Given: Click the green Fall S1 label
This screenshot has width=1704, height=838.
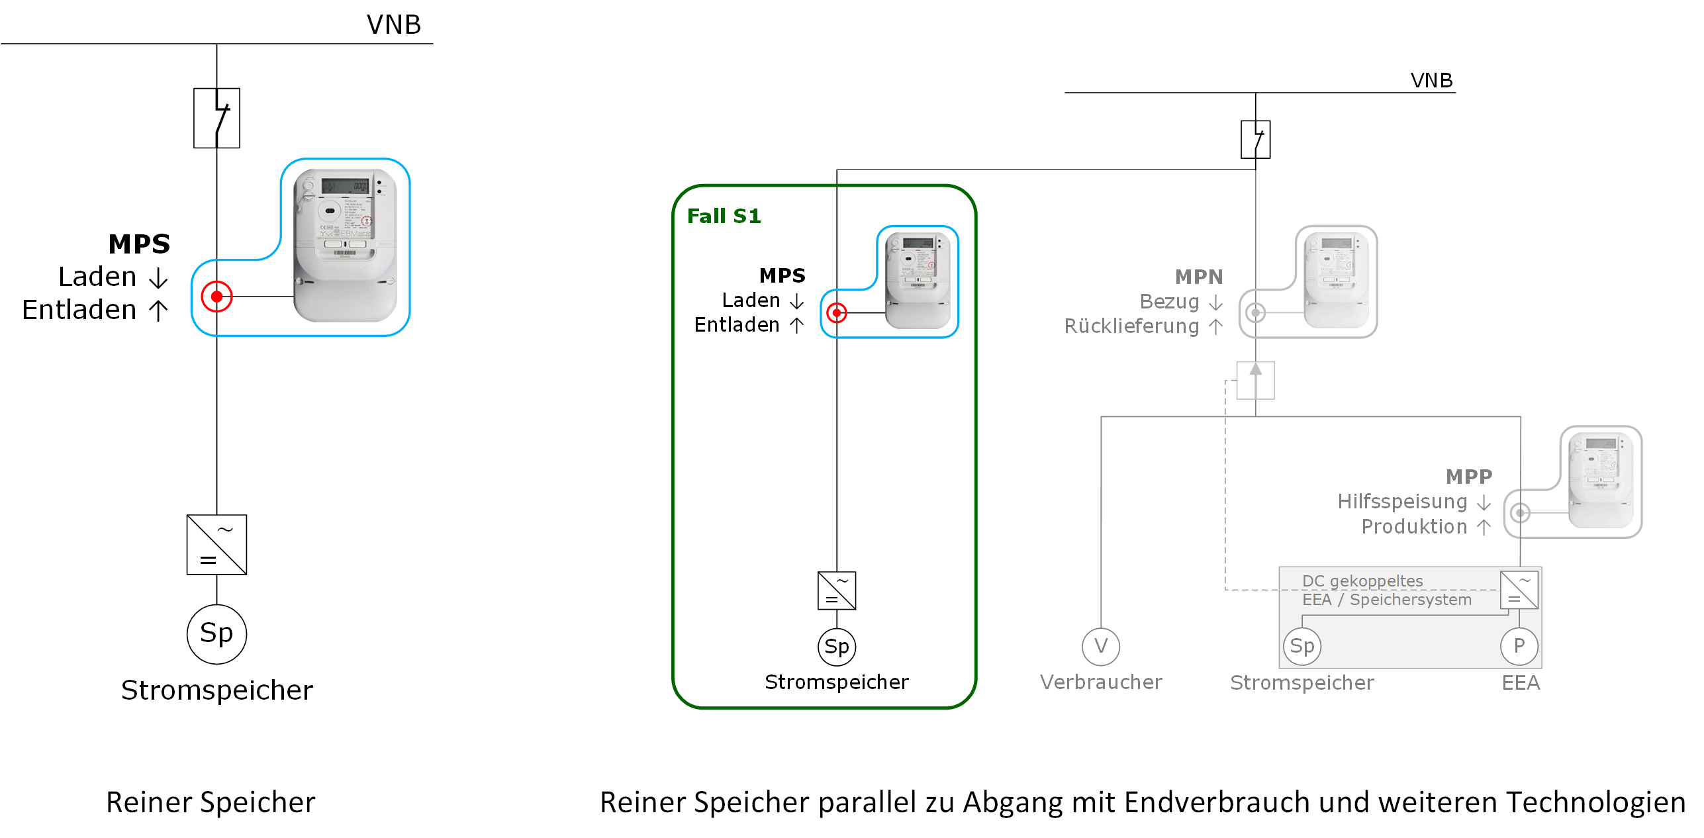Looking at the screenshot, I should point(724,216).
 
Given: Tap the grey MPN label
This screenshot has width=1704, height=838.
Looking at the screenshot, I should point(1198,277).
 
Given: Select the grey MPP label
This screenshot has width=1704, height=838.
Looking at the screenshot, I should point(1468,477).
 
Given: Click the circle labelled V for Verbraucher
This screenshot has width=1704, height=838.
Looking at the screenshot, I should point(1101,646).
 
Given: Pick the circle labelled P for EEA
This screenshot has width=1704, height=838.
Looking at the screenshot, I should point(1519,646).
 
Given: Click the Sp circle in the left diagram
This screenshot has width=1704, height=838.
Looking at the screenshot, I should point(216,633).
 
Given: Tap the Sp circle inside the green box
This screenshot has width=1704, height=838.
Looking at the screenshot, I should point(837,647).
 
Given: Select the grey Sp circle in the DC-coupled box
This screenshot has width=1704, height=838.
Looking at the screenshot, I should point(1302,646).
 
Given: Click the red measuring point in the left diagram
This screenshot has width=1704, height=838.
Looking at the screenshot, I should point(216,297).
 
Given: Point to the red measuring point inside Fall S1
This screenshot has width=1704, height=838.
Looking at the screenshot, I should point(837,312).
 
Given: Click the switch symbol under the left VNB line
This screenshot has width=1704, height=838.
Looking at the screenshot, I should point(216,118).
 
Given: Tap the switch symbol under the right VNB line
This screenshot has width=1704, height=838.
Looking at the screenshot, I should point(1255,140).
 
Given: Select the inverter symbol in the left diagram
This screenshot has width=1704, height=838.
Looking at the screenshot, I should point(216,545).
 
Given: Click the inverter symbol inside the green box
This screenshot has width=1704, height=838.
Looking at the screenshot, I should point(837,590).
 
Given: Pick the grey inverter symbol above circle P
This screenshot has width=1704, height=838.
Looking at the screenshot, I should point(1519,590).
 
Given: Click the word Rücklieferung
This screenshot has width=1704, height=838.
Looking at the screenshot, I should point(1131,326).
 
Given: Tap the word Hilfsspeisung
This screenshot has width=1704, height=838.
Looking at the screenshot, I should point(1402,502).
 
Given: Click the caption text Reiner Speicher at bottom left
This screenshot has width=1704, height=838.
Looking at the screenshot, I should point(211,802).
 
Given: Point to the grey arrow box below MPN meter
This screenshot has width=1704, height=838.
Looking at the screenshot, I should point(1255,381).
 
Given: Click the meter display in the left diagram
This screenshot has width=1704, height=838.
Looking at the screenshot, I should point(345,186).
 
